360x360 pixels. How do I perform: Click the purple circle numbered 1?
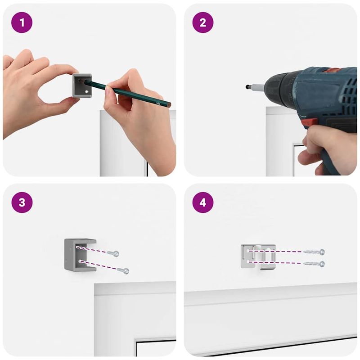coord(22,22)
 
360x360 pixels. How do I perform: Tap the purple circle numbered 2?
coord(203,22)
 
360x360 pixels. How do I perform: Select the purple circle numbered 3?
coord(22,202)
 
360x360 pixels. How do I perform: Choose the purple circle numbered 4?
coord(203,202)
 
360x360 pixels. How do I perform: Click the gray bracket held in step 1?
coord(82,85)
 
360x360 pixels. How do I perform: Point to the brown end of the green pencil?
coord(169,105)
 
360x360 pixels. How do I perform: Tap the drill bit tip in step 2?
coord(247,87)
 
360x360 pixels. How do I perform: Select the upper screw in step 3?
coord(113,253)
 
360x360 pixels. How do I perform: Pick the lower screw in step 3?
coord(123,271)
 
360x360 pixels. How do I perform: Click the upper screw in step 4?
coord(314,252)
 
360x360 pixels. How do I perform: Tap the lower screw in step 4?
coord(314,264)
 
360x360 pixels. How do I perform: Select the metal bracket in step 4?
coord(258,256)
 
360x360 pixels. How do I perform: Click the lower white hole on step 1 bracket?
coord(86,92)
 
